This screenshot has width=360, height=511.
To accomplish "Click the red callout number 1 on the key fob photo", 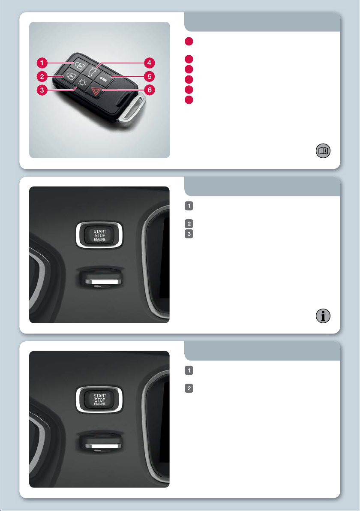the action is tap(42, 63).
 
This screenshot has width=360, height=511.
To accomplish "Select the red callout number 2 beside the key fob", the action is tap(42, 77).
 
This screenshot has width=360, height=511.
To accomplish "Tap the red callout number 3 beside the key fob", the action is tap(42, 90).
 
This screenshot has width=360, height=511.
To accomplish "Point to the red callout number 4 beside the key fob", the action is tap(149, 63).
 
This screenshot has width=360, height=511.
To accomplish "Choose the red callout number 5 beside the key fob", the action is tap(149, 77).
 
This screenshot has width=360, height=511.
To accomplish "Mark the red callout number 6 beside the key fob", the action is tap(149, 90).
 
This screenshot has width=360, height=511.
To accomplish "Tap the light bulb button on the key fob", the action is tap(82, 82).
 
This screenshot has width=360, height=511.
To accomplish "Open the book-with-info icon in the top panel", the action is tap(323, 151).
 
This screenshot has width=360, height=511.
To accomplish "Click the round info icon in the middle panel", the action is tap(323, 316).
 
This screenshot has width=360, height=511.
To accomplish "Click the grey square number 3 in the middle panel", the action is tap(189, 234).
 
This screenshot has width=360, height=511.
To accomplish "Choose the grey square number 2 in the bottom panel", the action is tap(189, 388).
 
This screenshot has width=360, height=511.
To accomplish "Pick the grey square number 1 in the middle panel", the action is tap(189, 206).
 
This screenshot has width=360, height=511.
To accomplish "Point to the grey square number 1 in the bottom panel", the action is tap(189, 370).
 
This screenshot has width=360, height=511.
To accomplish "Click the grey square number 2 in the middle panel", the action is tap(189, 224).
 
